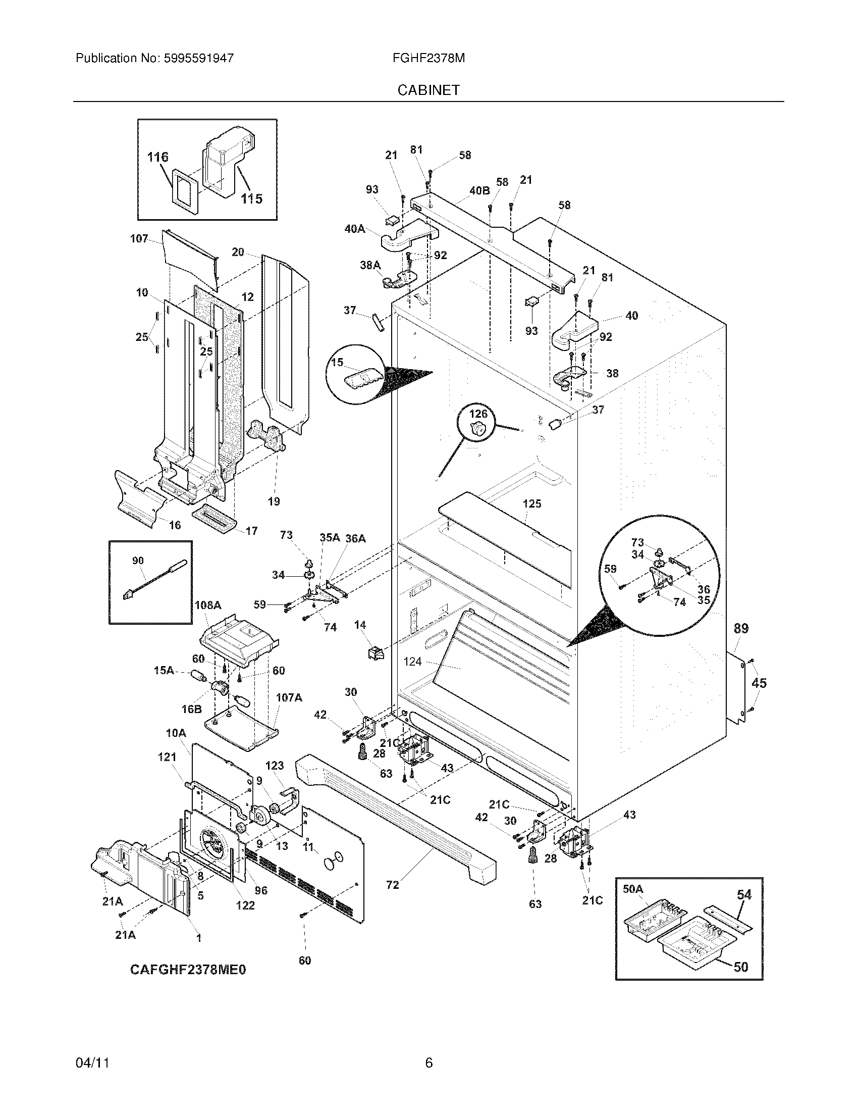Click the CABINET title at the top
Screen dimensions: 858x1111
(x=428, y=90)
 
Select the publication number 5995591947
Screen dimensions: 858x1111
(x=198, y=58)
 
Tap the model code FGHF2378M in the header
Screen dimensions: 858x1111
(x=428, y=58)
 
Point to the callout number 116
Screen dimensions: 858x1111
(x=157, y=157)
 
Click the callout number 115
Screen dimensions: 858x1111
(x=252, y=198)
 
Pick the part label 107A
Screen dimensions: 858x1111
(x=289, y=697)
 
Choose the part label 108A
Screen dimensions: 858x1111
(x=208, y=605)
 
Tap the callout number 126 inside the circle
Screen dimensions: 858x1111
(x=478, y=414)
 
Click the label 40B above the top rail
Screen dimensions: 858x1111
(x=479, y=190)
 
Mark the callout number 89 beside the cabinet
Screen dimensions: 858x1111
(x=741, y=628)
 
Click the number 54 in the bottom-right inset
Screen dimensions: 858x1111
(x=744, y=894)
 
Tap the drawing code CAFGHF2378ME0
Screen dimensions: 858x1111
(x=188, y=970)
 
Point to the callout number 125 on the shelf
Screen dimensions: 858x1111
(x=531, y=503)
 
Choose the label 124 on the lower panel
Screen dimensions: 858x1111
(x=413, y=662)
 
